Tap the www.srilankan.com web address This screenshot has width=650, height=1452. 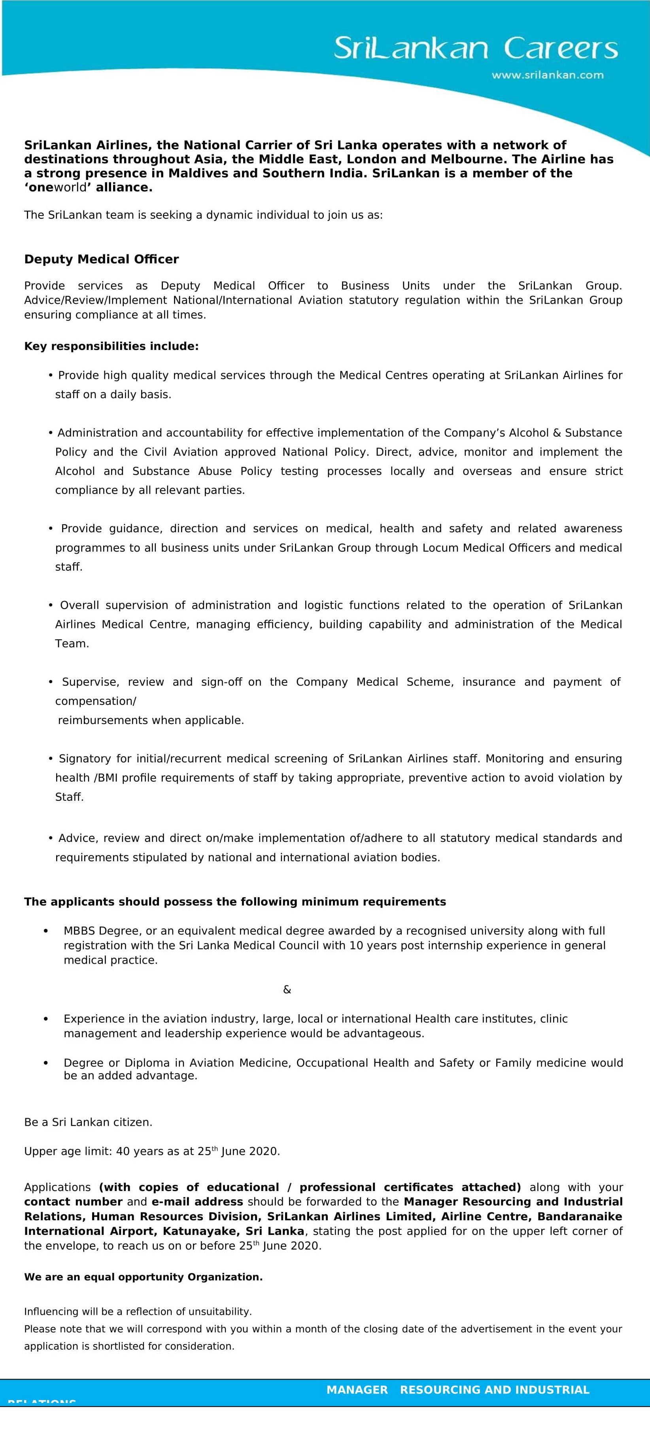(x=547, y=75)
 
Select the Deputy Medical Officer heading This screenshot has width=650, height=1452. (x=102, y=259)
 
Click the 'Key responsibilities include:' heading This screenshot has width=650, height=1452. (x=111, y=346)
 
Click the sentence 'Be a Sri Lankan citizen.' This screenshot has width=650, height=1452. (x=88, y=1122)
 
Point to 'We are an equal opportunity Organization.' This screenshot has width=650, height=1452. (x=143, y=1277)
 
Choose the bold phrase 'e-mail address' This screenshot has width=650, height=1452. (x=197, y=1201)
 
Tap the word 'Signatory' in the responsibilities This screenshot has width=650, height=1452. (x=86, y=759)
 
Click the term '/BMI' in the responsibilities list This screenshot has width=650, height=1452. (x=106, y=778)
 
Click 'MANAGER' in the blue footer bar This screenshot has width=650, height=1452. (x=357, y=1390)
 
